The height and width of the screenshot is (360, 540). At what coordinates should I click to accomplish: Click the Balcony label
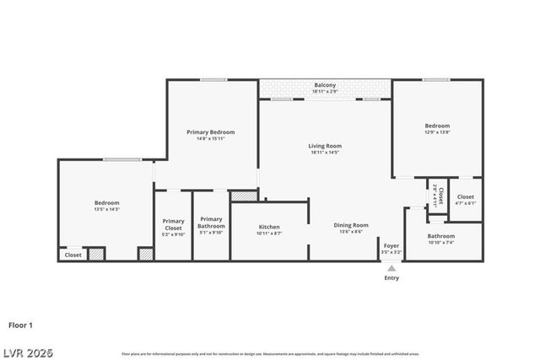(325, 85)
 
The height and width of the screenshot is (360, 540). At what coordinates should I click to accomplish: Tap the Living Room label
(325, 146)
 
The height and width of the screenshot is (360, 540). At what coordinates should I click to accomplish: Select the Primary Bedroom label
(210, 132)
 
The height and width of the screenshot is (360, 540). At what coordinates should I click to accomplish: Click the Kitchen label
(269, 227)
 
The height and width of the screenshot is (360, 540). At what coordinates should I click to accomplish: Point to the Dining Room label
(351, 225)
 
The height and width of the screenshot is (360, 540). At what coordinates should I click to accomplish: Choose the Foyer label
(391, 246)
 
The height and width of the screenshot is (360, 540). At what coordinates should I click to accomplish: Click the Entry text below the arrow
(391, 277)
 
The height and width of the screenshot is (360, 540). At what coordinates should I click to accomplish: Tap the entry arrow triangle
(391, 268)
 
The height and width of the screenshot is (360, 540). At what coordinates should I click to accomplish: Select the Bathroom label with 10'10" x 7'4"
(441, 236)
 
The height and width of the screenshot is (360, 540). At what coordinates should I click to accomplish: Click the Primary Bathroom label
(211, 223)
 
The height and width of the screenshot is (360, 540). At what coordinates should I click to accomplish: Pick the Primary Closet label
(173, 224)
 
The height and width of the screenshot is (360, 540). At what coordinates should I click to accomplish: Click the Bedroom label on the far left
(106, 202)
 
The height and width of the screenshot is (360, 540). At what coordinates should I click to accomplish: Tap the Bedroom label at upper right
(437, 126)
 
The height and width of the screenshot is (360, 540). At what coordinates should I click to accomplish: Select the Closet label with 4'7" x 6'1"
(466, 197)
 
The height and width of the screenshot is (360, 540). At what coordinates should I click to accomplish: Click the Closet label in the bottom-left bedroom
(73, 255)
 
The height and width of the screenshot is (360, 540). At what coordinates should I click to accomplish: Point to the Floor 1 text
(21, 325)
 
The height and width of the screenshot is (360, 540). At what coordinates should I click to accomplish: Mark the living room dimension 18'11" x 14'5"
(325, 153)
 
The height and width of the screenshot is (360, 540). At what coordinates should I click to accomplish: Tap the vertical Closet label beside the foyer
(438, 194)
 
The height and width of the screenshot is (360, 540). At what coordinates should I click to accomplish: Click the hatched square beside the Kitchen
(243, 196)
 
